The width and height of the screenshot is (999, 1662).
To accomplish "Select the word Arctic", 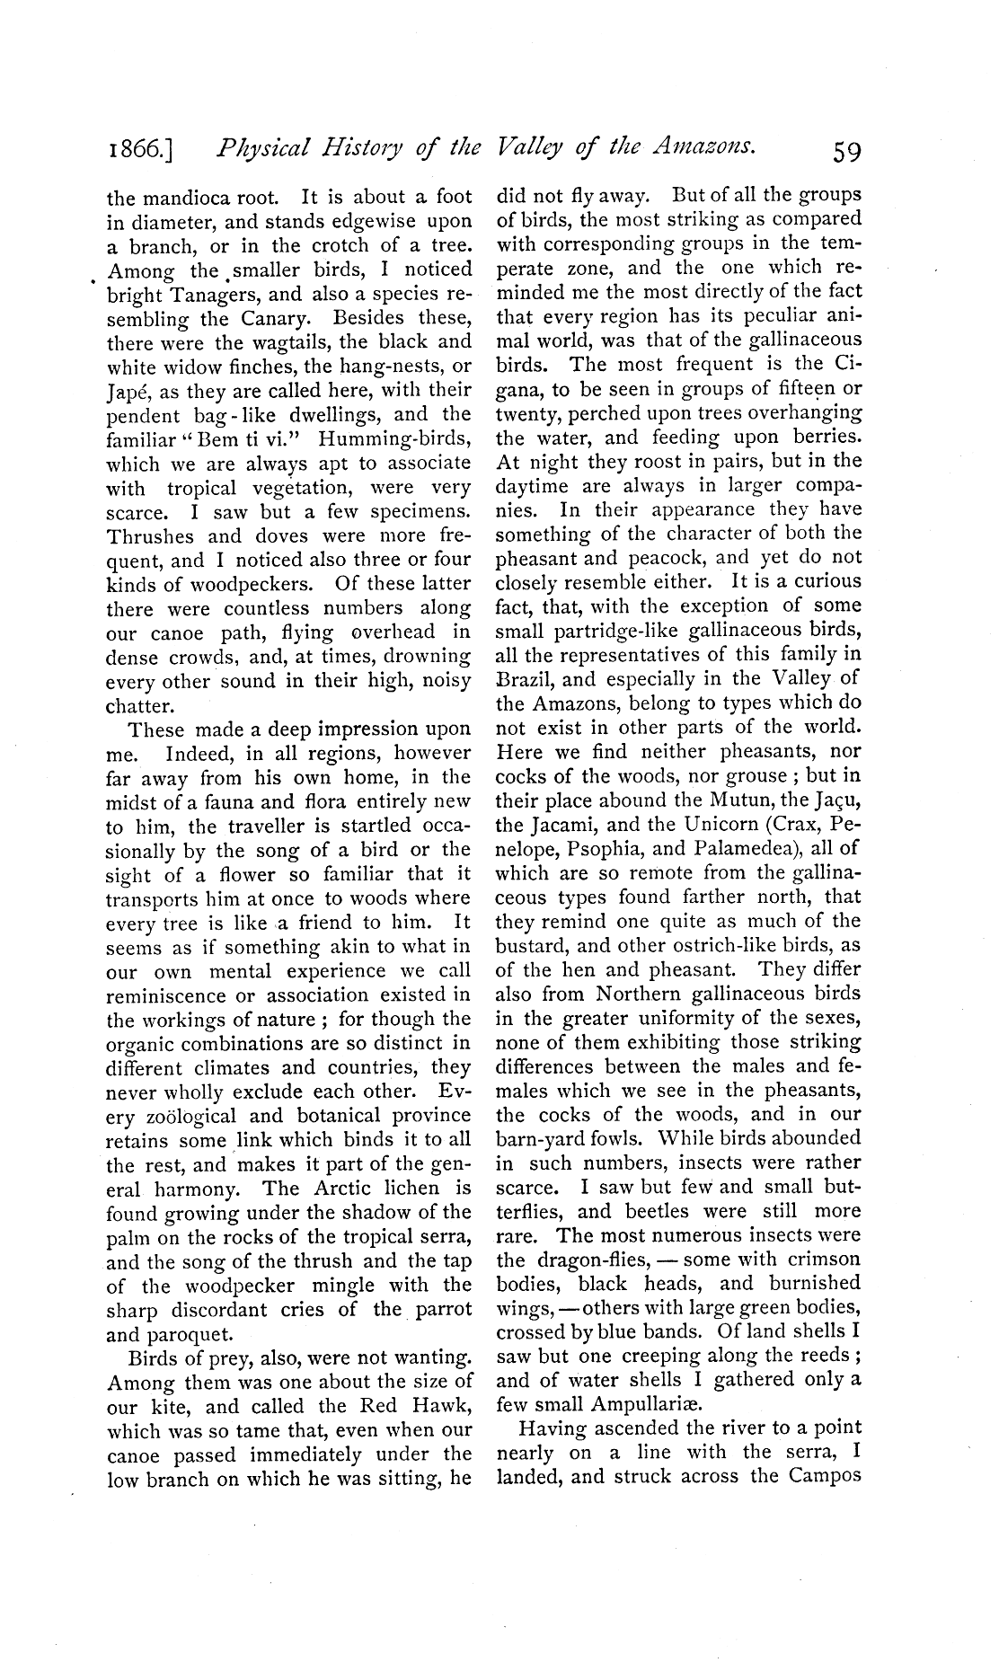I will pyautogui.click(x=338, y=1189).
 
